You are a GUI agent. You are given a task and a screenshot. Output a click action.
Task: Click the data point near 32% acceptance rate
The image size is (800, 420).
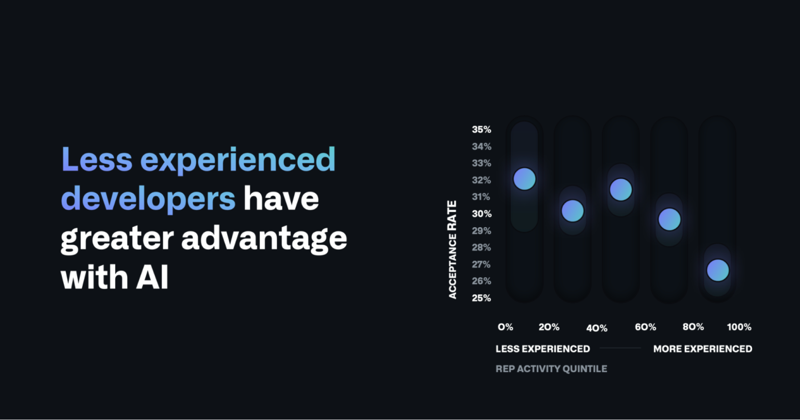[x=525, y=179]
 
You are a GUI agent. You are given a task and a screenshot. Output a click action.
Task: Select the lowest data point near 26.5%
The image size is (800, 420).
[x=718, y=270]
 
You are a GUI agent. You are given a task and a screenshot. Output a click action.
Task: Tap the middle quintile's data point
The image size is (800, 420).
[x=621, y=189]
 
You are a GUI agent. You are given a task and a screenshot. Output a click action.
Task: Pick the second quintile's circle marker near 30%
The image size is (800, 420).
[x=573, y=211]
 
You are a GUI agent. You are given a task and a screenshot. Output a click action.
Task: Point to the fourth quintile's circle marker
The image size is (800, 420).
[x=670, y=219]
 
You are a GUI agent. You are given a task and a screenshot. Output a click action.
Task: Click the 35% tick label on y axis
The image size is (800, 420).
[x=481, y=130]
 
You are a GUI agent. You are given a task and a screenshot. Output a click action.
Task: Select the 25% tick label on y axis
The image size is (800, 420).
[x=481, y=298]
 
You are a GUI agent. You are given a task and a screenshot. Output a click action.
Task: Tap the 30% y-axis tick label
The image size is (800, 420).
[x=481, y=214]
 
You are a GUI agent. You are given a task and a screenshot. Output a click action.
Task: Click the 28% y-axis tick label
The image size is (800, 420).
[x=481, y=248]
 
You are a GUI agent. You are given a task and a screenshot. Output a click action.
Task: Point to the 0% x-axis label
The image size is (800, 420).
[x=505, y=327]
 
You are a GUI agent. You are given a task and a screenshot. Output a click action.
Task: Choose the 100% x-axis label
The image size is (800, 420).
[x=739, y=327]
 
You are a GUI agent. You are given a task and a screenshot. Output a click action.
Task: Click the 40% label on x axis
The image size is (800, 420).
[x=597, y=328]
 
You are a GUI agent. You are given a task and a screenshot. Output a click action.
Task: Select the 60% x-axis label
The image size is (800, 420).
[x=645, y=327]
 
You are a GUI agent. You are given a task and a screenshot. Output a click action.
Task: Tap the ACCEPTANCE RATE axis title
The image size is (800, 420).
[x=452, y=250]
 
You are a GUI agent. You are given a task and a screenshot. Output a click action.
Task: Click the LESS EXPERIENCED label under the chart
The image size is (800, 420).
[x=542, y=349]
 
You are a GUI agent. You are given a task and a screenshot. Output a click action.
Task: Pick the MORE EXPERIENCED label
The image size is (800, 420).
[x=702, y=349]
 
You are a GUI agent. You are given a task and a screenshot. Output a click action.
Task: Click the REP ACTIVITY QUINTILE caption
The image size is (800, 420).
[x=551, y=369]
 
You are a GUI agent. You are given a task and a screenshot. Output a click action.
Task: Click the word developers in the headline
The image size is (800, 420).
[x=148, y=199]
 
